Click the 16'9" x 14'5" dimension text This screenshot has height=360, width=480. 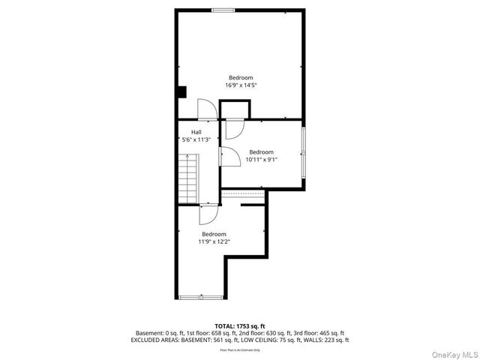pos(240,85)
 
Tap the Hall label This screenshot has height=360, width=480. pos(196,132)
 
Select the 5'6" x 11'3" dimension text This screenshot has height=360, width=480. pos(196,139)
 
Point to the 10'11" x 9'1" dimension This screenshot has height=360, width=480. pos(262,159)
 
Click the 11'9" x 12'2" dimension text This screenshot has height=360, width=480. pos(214,241)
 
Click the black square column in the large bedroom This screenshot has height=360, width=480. pos(181,91)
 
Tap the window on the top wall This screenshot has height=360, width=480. pos(222,10)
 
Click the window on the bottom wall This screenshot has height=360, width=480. pos(201,298)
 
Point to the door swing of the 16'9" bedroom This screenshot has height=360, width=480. pos(206,109)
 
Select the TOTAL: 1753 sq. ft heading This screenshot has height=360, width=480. pos(240,326)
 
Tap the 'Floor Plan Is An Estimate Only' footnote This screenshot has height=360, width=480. pos(240,349)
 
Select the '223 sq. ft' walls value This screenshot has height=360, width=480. pos(334,340)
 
